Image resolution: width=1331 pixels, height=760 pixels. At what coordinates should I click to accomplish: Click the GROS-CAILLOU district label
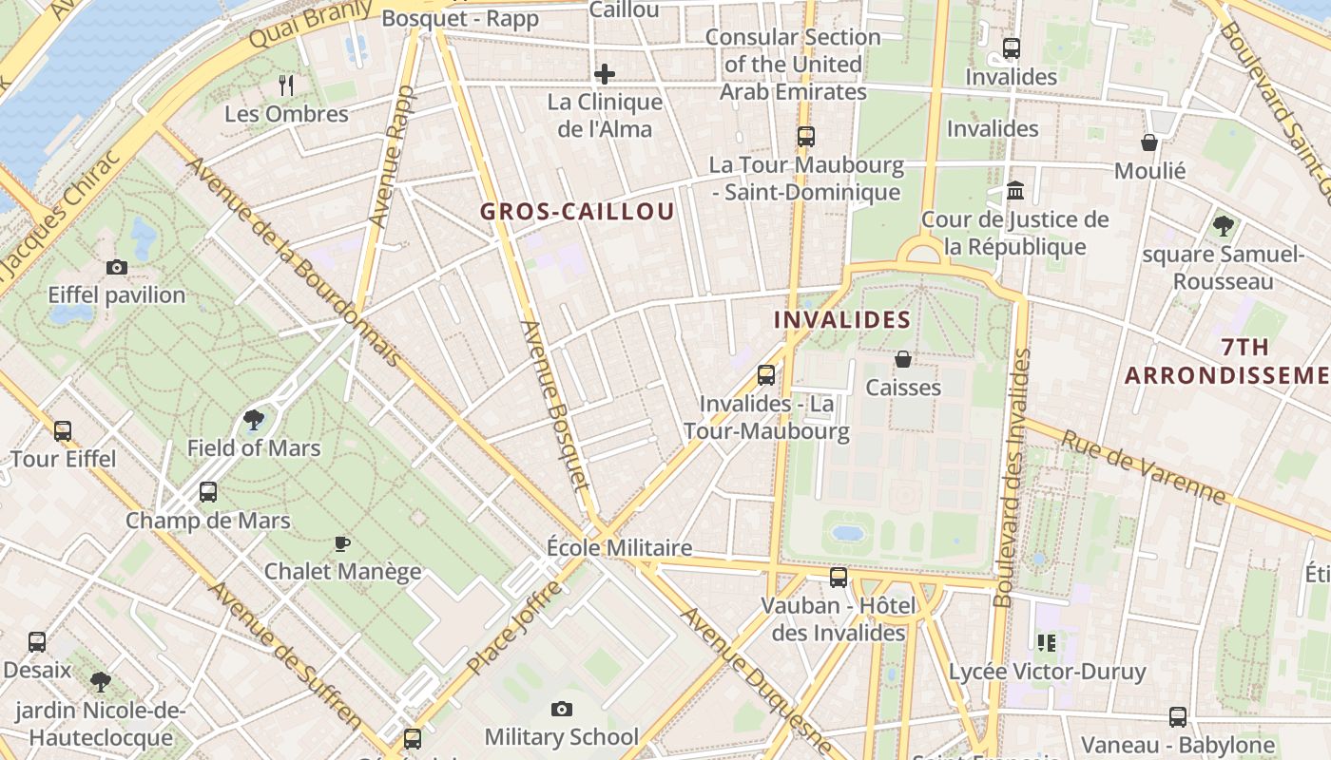click(577, 212)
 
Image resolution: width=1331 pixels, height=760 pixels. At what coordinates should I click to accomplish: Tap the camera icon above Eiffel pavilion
click(117, 268)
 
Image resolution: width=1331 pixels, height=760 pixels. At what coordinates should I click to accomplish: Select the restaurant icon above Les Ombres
click(286, 85)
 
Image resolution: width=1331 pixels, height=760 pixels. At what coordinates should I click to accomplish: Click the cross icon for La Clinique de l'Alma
click(605, 74)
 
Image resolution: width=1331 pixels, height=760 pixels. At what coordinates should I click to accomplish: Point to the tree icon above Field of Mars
click(254, 420)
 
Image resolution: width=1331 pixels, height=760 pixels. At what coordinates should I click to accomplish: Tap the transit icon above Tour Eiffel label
click(63, 431)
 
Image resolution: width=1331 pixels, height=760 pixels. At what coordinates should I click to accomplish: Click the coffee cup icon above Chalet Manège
click(342, 543)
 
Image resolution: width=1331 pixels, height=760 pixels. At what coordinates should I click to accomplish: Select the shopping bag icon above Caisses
click(903, 359)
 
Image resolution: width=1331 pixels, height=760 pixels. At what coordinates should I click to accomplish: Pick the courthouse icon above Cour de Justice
click(1014, 191)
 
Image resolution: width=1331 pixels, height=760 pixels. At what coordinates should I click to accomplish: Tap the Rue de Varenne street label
click(1143, 467)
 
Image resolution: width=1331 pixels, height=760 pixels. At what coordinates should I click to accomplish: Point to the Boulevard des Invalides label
click(1012, 478)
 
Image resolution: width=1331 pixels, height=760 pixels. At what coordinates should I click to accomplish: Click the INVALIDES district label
click(842, 320)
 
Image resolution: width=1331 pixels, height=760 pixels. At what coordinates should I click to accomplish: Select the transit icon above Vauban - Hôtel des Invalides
click(838, 578)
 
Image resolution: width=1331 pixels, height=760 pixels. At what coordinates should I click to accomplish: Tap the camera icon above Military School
click(562, 709)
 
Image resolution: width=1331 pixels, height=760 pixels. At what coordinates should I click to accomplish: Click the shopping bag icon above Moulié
click(1149, 142)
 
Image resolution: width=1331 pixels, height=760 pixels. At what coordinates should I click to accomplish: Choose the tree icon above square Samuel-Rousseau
click(1223, 226)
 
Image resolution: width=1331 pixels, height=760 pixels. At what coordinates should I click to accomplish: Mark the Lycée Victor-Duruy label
click(1047, 672)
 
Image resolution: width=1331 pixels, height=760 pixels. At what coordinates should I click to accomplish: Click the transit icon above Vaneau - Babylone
click(1178, 717)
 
